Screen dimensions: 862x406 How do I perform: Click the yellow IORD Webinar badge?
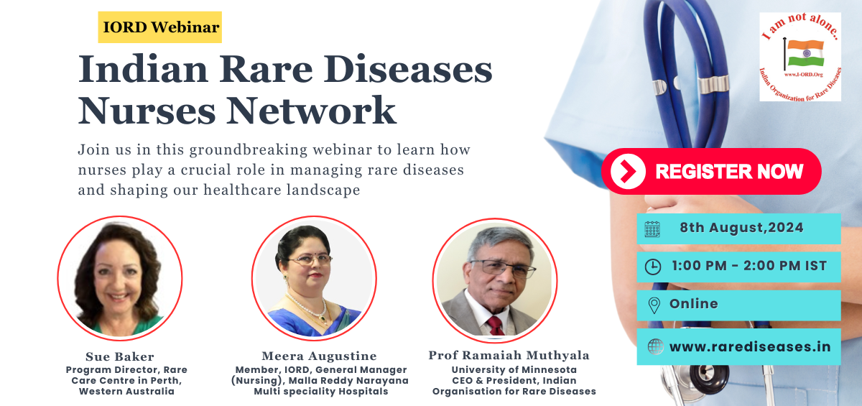point(159,27)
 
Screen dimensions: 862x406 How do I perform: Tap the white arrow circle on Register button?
point(628,171)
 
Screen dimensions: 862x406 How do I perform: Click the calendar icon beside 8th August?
point(652,229)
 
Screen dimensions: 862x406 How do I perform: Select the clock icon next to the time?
point(653,267)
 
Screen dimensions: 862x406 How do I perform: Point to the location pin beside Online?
point(654,305)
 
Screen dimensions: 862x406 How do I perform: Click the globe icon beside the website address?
point(655,347)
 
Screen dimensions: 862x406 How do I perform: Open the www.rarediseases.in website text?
point(750,347)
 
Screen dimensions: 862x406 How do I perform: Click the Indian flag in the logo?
point(805,52)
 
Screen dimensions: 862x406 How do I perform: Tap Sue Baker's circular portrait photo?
point(120,278)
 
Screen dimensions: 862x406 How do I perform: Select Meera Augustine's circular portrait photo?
point(314,278)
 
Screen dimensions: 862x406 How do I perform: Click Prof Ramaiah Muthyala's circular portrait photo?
point(495,280)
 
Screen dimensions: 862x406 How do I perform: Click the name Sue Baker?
point(120,356)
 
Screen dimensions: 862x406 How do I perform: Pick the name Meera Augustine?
point(319,356)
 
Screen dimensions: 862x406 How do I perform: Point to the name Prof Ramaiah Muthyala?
point(509,355)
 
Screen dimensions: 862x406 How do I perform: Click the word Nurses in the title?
point(147,111)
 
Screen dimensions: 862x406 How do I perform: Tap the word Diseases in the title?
point(408,69)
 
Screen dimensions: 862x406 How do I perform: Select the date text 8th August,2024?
point(741,228)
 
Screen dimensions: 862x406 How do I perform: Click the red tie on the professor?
point(495,326)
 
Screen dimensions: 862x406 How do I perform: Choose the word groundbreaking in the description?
point(249,149)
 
